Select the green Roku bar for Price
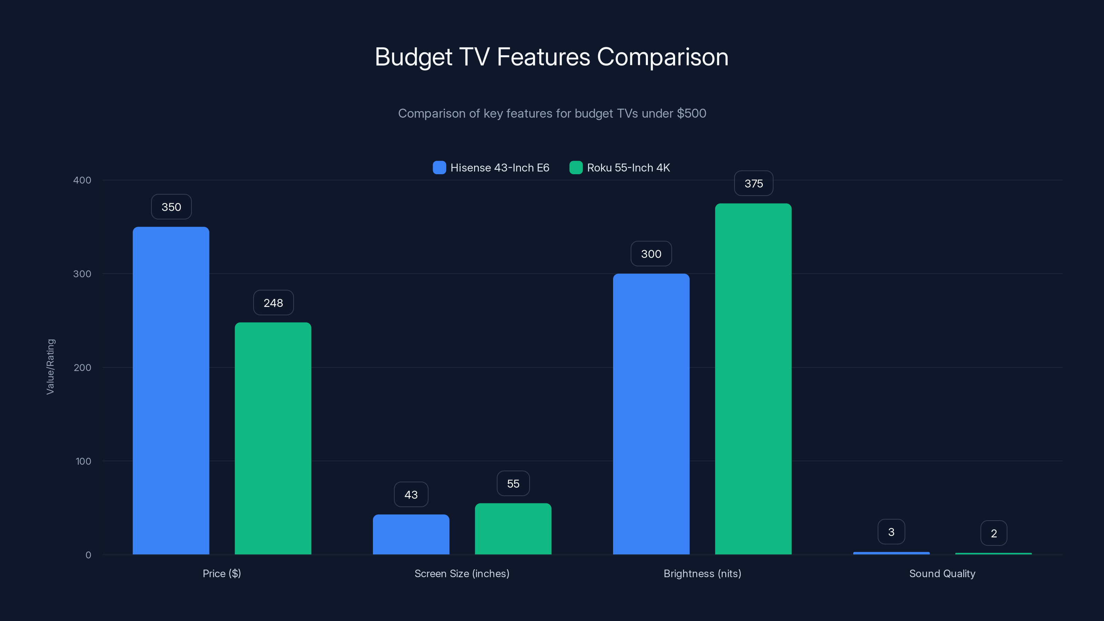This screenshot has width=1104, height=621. [x=273, y=438]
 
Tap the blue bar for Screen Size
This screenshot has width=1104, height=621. [x=411, y=534]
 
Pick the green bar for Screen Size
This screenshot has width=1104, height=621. [x=513, y=529]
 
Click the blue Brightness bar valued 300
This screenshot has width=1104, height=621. [x=651, y=414]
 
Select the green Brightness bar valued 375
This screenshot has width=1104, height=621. [x=753, y=378]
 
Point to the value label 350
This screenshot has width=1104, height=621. [x=171, y=207]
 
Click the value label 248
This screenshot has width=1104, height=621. [x=273, y=303]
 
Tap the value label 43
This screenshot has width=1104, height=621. [x=411, y=495]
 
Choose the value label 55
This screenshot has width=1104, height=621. [x=513, y=483]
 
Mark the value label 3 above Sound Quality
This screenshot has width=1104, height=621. [x=891, y=532]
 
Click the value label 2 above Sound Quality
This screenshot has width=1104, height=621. [x=994, y=533]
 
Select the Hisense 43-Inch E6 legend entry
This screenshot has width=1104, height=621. [x=491, y=168]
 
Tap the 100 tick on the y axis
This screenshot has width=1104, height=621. [x=83, y=461]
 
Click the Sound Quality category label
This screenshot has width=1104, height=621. [x=942, y=573]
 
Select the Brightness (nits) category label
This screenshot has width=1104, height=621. [x=702, y=573]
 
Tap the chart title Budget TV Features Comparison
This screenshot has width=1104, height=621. [x=552, y=57]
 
